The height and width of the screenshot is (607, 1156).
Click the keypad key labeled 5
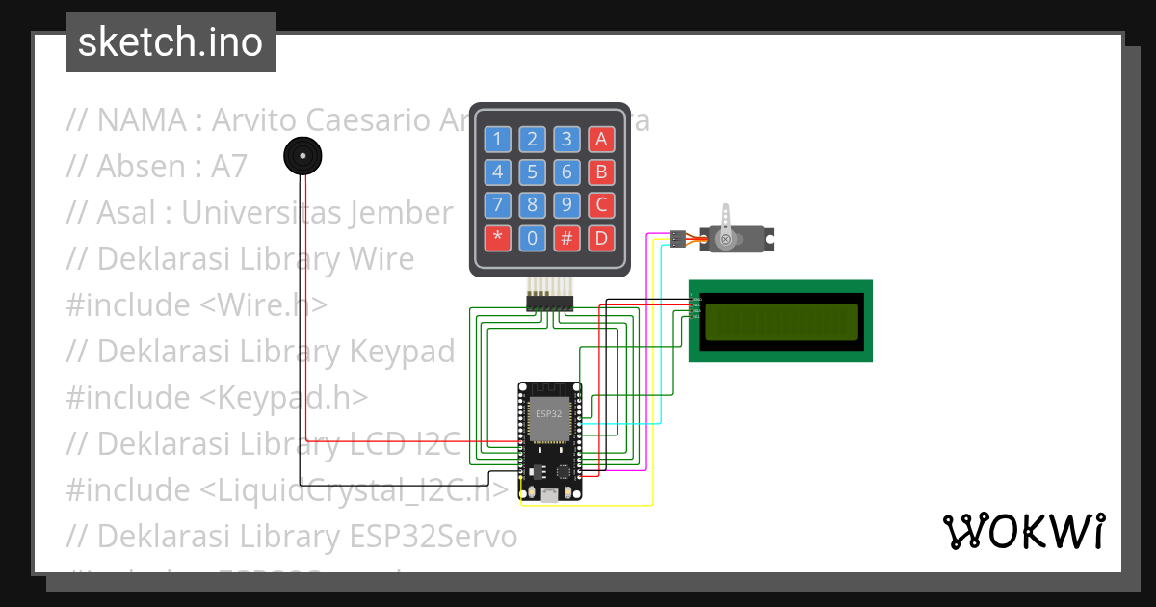532,172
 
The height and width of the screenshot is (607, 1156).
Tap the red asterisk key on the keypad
497,237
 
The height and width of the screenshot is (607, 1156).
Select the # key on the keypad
566,237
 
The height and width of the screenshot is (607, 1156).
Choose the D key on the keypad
601,237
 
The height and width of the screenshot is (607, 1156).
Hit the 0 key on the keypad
532,237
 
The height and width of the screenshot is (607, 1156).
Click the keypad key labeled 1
497,139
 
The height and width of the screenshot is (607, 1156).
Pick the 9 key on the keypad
566,204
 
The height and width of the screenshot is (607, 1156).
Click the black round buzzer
302,155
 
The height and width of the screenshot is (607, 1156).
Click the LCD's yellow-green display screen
781,322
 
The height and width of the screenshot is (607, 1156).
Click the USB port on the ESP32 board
549,494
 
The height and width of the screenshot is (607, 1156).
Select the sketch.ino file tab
171,42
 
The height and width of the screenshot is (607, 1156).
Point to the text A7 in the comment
229,167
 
